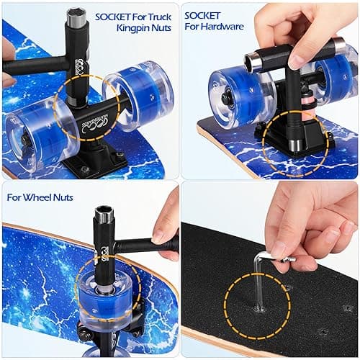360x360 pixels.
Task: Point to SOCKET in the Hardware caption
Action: pos(203,14)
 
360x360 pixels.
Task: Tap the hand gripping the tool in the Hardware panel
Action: pos(299,32)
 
